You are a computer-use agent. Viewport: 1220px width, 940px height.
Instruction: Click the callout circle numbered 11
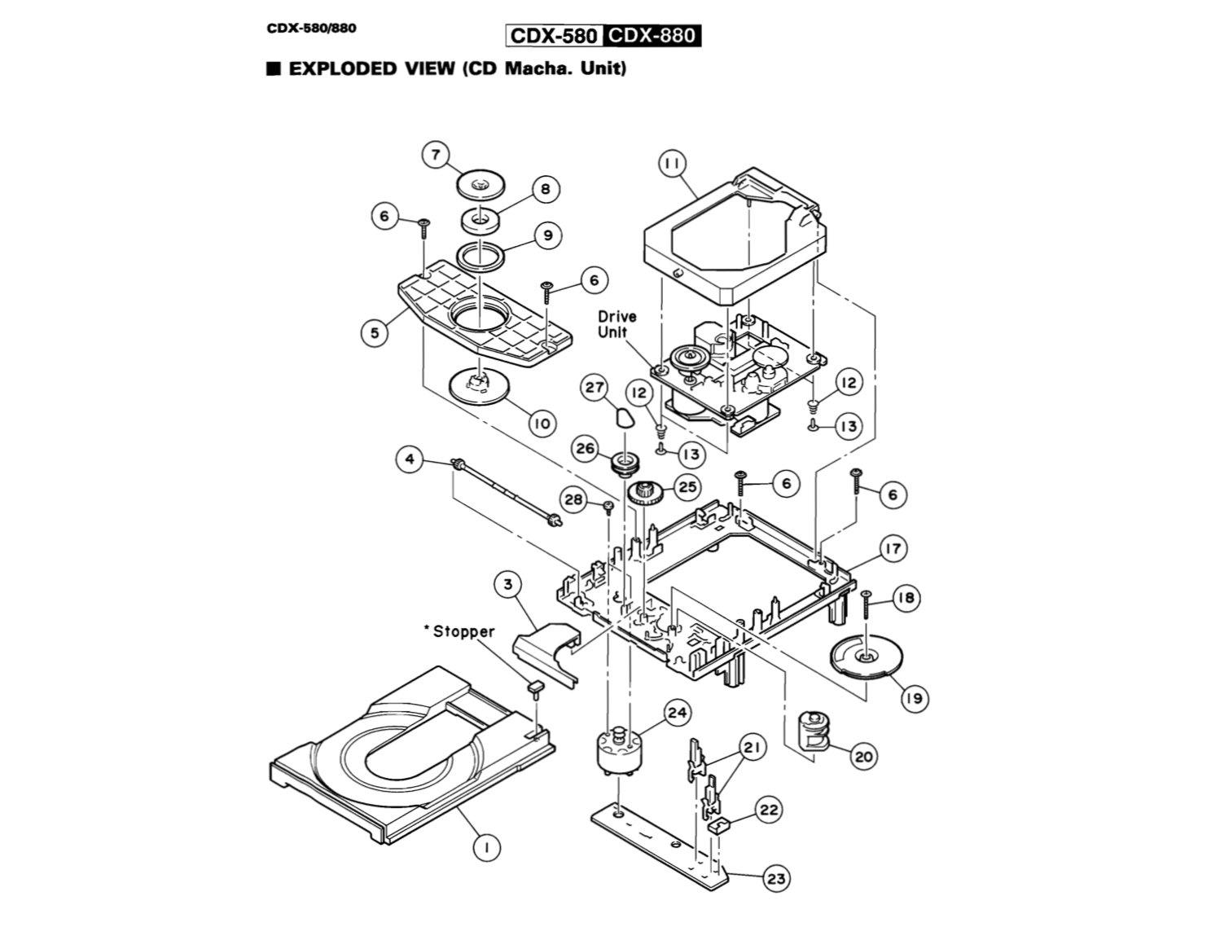(x=672, y=165)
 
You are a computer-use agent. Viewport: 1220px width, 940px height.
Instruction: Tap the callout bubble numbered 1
(x=487, y=848)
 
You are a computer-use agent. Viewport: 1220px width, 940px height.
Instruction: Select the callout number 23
(x=776, y=878)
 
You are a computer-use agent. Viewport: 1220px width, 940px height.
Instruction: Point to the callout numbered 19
(x=915, y=698)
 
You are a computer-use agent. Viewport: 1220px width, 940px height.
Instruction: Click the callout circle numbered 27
(x=595, y=389)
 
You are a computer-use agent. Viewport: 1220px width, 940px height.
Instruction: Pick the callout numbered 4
(x=410, y=459)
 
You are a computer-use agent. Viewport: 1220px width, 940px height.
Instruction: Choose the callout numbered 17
(x=893, y=548)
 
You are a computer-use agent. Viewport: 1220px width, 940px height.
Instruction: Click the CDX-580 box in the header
(x=554, y=37)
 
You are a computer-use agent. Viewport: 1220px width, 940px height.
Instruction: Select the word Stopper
(x=463, y=631)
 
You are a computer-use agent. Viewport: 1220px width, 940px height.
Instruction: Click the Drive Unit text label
(x=617, y=323)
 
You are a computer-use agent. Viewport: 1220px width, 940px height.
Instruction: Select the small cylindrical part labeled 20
(x=811, y=730)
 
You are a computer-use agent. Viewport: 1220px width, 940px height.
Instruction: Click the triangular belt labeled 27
(x=623, y=419)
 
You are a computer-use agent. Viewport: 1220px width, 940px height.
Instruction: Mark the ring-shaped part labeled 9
(x=480, y=257)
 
